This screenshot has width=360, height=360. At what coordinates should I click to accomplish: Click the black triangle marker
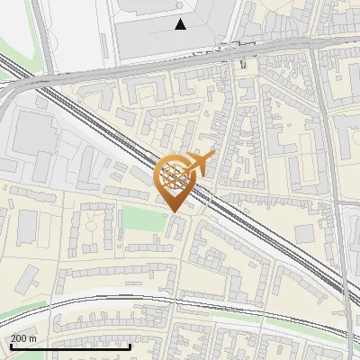tap(181, 24)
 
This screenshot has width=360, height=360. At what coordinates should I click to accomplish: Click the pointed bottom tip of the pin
tap(174, 211)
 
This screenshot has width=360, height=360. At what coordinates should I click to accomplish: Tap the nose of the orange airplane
tap(212, 157)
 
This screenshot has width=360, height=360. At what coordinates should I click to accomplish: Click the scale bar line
tap(70, 346)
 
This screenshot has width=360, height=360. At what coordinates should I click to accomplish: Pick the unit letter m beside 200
tap(32, 338)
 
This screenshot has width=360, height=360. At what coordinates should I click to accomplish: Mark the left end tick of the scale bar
tap(10, 346)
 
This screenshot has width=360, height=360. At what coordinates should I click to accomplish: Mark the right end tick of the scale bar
tap(131, 346)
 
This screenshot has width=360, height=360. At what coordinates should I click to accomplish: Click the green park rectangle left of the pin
tap(137, 218)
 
